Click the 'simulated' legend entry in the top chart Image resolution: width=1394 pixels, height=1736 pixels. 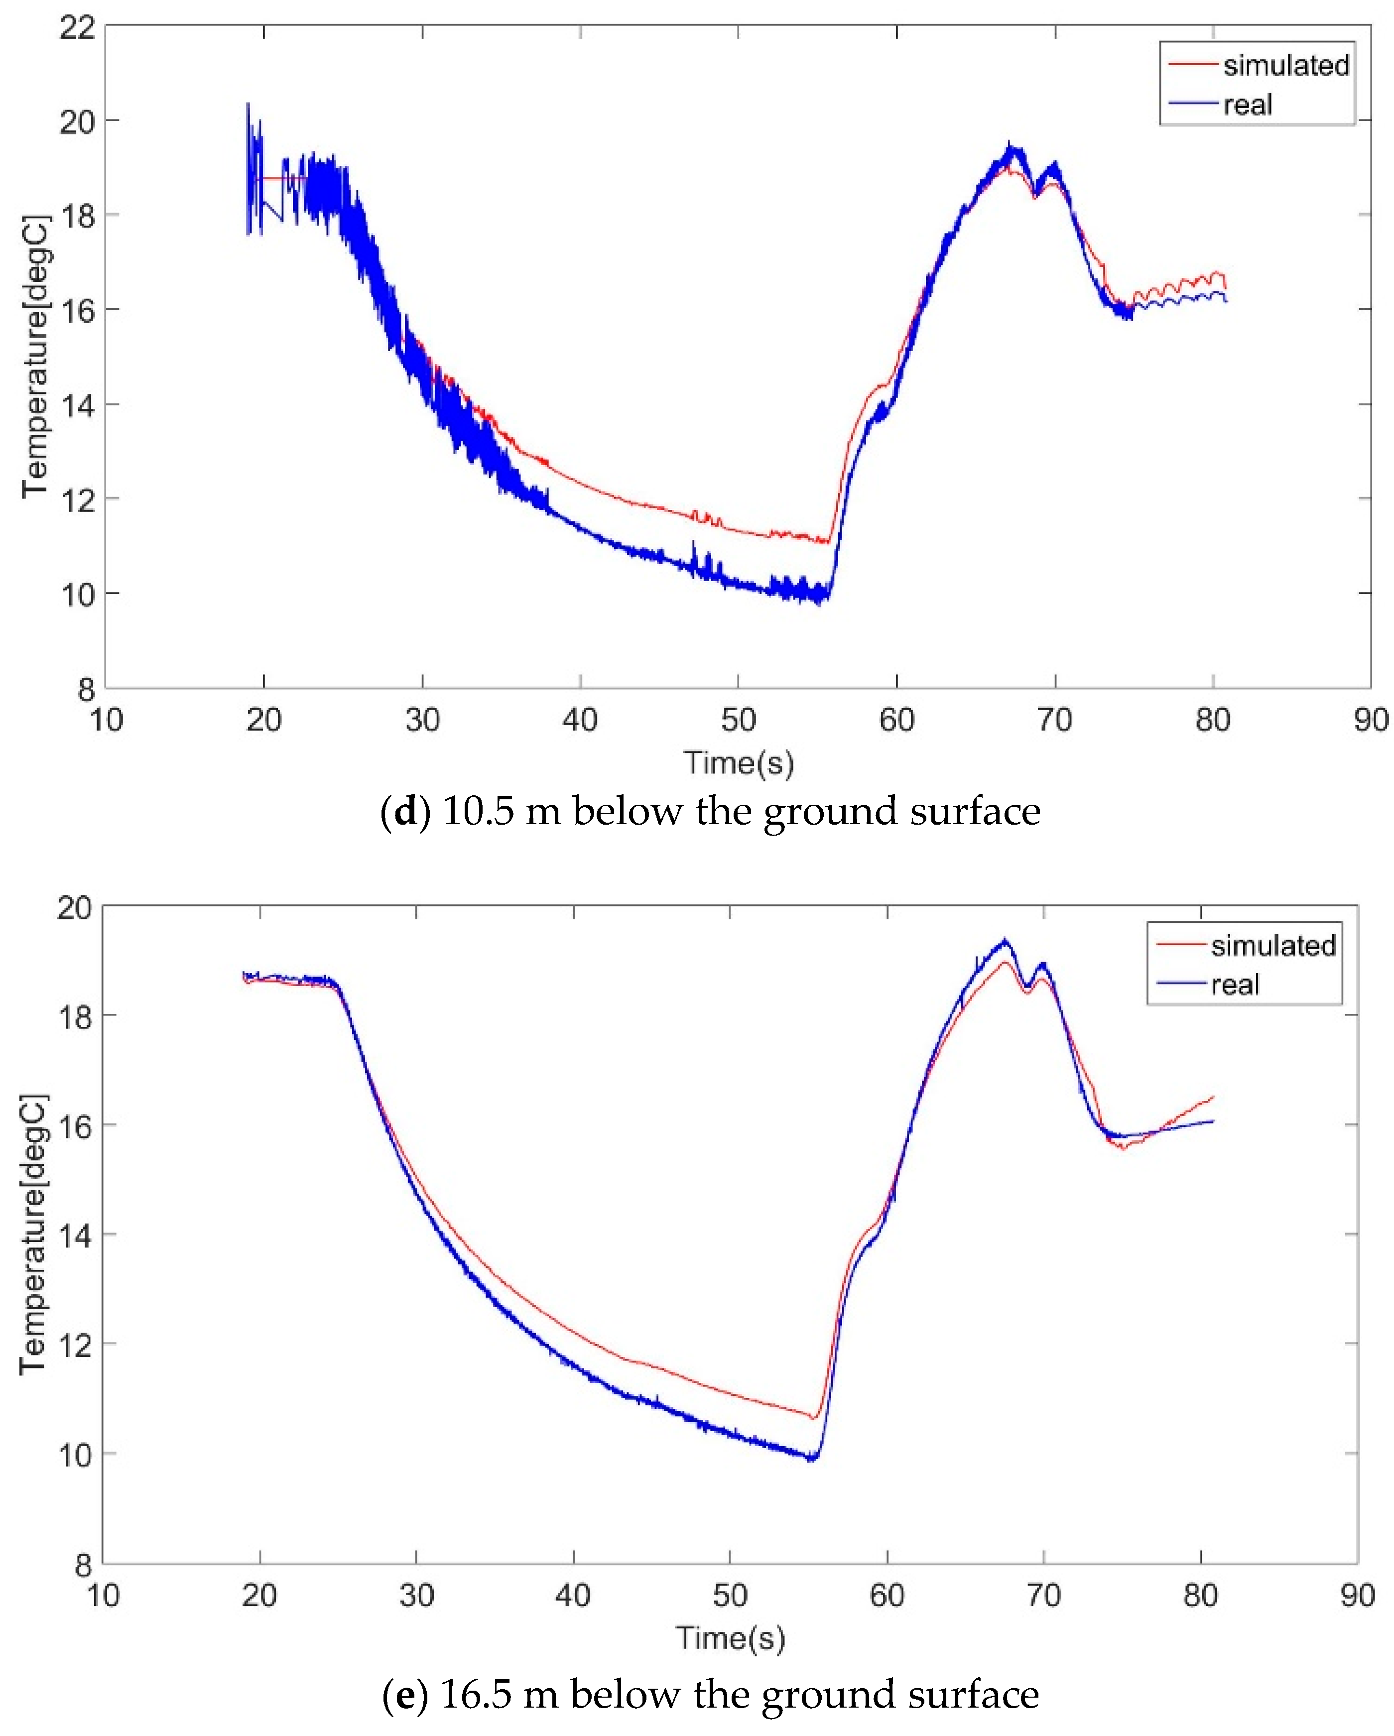[1284, 65]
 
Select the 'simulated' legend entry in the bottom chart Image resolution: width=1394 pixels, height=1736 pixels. [1272, 945]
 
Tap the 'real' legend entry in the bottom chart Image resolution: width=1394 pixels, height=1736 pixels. [1235, 985]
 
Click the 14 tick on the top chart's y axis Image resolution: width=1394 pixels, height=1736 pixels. [77, 405]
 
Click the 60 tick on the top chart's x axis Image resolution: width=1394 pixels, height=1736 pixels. [896, 719]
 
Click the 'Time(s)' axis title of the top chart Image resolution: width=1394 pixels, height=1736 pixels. [739, 762]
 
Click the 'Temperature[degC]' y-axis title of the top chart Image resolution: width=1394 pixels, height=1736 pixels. [35, 357]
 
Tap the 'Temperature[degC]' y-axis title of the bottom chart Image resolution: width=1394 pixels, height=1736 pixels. [34, 1234]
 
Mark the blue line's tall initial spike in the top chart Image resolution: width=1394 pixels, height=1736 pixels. [248, 105]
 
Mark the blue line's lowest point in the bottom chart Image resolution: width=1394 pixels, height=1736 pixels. [812, 1459]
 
